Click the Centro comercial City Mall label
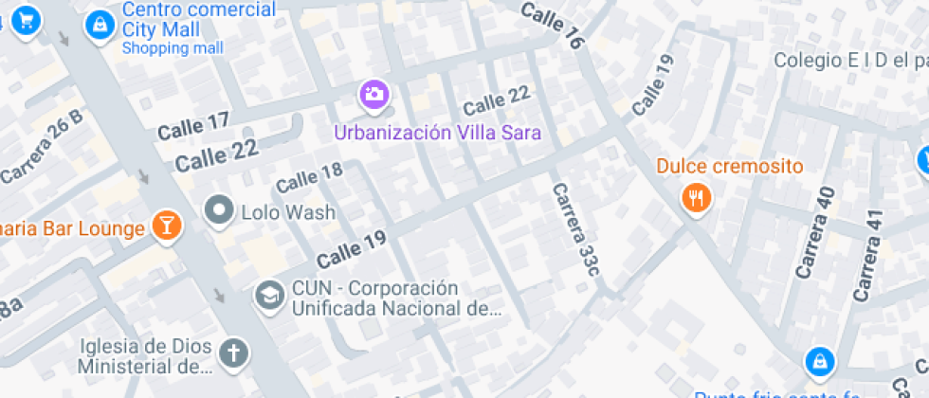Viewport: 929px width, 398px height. coord(199,19)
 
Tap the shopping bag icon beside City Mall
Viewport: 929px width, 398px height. coord(99,27)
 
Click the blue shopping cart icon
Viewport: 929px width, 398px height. coord(27,18)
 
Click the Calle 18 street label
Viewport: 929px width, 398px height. coord(309,175)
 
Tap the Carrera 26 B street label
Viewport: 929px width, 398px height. coord(42,148)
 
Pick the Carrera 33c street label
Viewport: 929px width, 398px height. coord(576,228)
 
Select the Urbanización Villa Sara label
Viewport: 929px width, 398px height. coord(437,132)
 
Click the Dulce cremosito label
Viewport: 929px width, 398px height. coord(729,167)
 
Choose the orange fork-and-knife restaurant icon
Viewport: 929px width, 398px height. coord(697,198)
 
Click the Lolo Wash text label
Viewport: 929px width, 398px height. coord(288,211)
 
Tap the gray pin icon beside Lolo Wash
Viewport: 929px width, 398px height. coord(220,209)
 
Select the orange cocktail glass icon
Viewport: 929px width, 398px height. coord(167,226)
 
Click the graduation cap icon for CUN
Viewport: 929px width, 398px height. coord(269,296)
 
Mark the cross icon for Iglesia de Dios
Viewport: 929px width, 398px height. coord(233,353)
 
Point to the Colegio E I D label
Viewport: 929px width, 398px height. coord(849,61)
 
